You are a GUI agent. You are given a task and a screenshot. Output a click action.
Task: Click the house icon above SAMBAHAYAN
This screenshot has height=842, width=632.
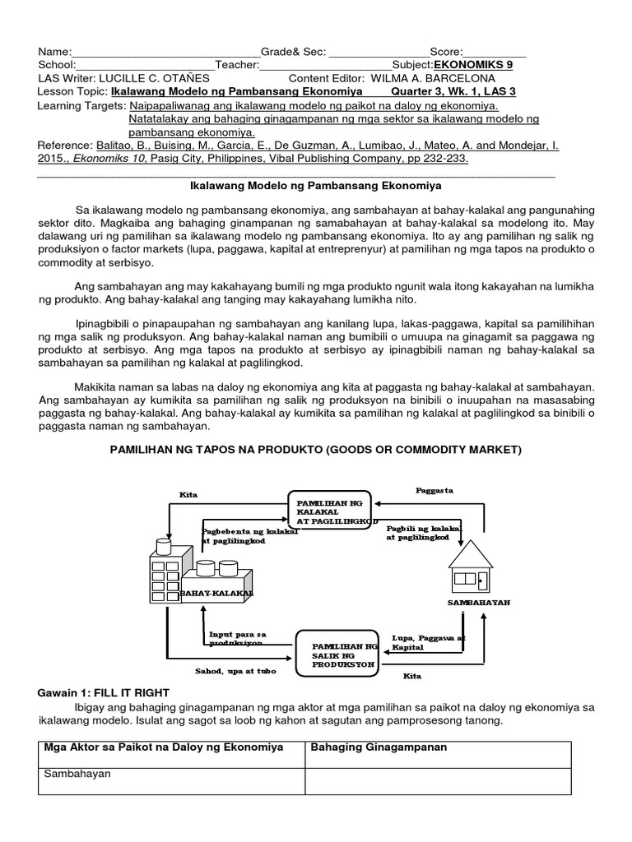(471, 567)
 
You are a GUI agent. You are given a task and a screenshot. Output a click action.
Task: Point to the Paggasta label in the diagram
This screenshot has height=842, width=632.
(434, 490)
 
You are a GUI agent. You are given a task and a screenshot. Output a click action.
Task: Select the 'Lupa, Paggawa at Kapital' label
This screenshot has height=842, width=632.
(429, 642)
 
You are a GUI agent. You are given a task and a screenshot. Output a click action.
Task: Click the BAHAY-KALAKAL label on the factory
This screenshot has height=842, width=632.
(216, 593)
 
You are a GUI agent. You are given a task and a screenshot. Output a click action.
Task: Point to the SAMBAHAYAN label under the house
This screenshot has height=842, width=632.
(479, 602)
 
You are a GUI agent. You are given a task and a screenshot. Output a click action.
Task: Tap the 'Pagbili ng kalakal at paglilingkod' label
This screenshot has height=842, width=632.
(425, 531)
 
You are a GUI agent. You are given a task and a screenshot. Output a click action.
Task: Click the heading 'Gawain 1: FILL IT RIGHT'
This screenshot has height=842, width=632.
(103, 692)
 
